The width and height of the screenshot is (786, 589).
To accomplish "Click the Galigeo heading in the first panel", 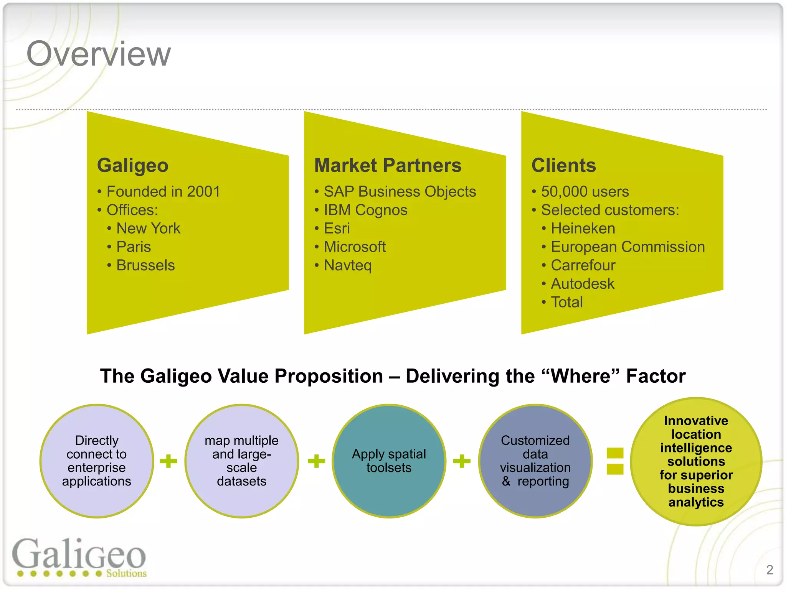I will [x=133, y=166].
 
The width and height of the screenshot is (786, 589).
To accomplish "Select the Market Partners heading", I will [x=388, y=166].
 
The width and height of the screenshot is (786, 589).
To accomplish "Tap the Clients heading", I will [x=563, y=166].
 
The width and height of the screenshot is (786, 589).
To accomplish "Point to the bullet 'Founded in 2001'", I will [x=163, y=191].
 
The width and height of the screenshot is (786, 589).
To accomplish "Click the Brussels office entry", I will [x=145, y=265].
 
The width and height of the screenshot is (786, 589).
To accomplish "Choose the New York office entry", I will [x=148, y=229].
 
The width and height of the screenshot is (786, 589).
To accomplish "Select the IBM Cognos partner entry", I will [x=365, y=210].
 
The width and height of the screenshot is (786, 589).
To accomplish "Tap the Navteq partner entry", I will [x=348, y=265].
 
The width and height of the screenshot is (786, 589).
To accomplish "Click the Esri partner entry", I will [x=337, y=229].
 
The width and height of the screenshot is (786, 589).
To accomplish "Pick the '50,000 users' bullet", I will [x=585, y=191].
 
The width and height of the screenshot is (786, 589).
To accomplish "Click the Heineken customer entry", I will [x=583, y=229].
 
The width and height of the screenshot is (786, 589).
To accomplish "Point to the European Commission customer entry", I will [x=628, y=247].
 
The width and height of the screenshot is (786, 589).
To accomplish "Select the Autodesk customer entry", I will [x=583, y=284].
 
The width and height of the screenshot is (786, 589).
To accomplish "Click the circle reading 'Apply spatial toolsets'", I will [x=389, y=461].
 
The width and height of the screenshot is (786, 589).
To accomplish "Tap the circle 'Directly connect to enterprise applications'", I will [x=97, y=461].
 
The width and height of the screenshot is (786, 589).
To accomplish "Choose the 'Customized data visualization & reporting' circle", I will [x=535, y=461].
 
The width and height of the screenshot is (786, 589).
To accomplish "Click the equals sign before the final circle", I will [x=615, y=461].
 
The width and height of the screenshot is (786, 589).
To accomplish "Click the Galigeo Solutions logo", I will [x=79, y=558].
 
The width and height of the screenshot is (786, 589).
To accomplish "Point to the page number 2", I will [x=769, y=570].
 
